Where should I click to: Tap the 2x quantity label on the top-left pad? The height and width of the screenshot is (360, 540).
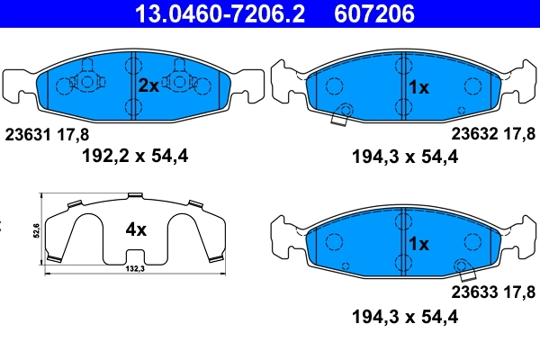pyautogui.click(x=148, y=85)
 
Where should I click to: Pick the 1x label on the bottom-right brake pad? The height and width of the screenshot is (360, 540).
pyautogui.click(x=418, y=244)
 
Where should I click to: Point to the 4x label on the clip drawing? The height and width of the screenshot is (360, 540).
pyautogui.click(x=135, y=229)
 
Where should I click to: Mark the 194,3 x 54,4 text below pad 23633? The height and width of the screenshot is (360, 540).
pyautogui.click(x=404, y=316)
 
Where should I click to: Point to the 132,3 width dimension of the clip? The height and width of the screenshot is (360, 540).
pyautogui.click(x=135, y=270)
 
